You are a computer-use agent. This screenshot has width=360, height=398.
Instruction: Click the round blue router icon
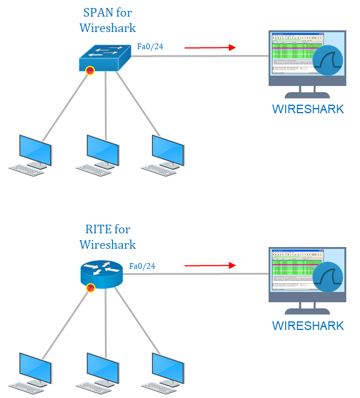coord(101,273)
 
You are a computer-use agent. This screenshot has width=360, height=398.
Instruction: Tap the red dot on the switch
coord(90,70)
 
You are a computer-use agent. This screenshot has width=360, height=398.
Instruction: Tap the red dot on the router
coord(90,288)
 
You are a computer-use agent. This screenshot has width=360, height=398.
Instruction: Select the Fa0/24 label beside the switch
coord(150,46)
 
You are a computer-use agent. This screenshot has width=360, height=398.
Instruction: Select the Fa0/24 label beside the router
coord(142,266)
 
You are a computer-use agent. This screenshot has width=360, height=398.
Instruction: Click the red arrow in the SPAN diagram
coord(210,47)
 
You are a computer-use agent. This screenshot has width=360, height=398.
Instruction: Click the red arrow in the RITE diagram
coord(210,265)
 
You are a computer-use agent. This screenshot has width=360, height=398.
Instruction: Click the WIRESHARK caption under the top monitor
coord(308,109)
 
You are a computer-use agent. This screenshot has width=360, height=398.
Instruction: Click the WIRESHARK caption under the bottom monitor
coord(308,326)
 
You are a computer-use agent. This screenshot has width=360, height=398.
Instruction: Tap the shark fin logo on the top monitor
coord(331,59)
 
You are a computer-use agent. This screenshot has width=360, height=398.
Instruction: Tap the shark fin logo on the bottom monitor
coord(331,276)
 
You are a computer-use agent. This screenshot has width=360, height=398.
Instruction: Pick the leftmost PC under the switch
coord(31,153)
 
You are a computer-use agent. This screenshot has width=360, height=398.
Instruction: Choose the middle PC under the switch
coord(99,153)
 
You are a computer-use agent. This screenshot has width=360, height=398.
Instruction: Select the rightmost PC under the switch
coord(164,153)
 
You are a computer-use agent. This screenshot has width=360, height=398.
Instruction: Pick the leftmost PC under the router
coord(31,370)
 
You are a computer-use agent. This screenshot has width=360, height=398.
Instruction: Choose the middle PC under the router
coord(99,370)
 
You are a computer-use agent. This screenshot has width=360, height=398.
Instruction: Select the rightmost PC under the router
coord(164,370)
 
